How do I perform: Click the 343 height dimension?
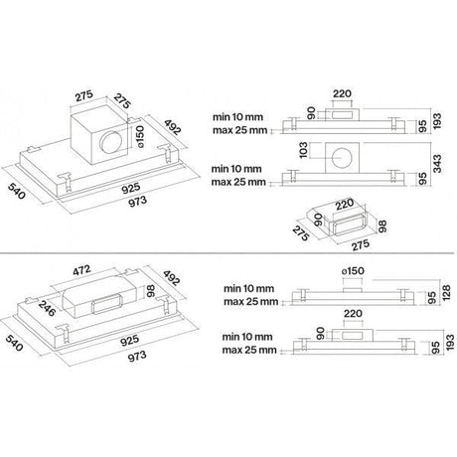pyautogui.click(x=437, y=164)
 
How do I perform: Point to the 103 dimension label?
pyautogui.click(x=303, y=150)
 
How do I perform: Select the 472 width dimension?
pyautogui.click(x=81, y=270)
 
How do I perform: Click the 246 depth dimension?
pyautogui.click(x=47, y=308)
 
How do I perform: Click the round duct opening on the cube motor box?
pyautogui.click(x=111, y=142)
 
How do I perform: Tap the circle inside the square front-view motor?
pyautogui.click(x=342, y=158)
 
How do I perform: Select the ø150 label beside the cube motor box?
pyautogui.click(x=140, y=136)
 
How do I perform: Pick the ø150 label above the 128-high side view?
pyautogui.click(x=353, y=271)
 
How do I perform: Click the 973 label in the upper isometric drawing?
pyautogui.click(x=137, y=202)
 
